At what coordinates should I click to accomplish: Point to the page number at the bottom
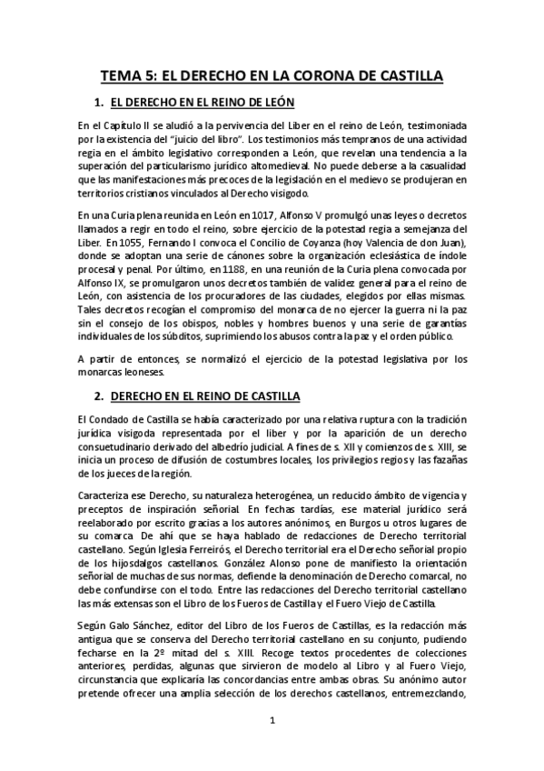272,721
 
